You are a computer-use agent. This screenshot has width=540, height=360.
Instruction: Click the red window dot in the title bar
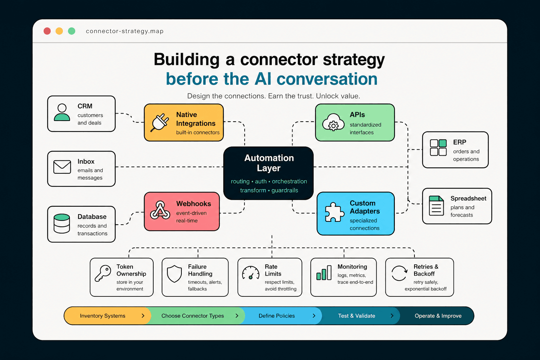(47, 31)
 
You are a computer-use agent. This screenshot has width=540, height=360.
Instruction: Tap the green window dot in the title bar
(71, 31)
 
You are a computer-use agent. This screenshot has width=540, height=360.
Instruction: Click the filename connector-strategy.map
(125, 31)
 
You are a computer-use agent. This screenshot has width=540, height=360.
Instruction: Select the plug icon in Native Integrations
(160, 122)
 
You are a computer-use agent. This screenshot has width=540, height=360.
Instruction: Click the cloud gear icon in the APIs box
(333, 123)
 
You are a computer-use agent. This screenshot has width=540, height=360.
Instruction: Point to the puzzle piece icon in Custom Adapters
(334, 212)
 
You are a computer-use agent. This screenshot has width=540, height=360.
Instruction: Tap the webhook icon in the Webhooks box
(160, 211)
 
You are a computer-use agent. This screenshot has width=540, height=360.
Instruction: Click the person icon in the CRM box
(62, 112)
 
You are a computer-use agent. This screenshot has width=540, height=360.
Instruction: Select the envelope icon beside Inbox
(62, 167)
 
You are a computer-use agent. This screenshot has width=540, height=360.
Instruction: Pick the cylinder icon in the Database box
(62, 224)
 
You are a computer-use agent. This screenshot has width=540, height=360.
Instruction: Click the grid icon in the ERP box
(438, 147)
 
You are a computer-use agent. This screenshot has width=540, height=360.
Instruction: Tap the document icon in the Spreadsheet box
(436, 206)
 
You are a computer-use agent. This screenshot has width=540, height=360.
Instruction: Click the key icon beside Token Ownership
(103, 274)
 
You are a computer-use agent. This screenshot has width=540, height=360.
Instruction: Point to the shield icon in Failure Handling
(174, 274)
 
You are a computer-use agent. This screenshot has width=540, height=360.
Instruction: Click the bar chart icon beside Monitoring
(324, 273)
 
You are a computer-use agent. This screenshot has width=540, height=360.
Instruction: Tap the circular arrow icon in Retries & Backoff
(399, 273)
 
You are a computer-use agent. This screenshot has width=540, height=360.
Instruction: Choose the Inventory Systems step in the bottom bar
(103, 316)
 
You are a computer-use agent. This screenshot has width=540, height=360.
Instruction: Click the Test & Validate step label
(356, 316)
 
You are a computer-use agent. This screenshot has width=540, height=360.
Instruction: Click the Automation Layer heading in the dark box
(269, 163)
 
